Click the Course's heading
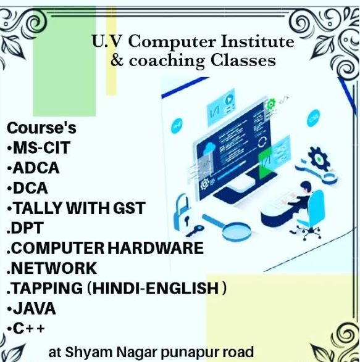pos(41,129)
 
